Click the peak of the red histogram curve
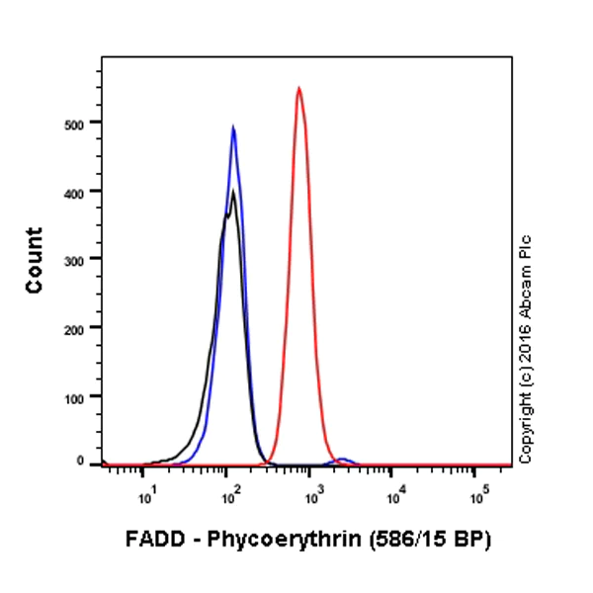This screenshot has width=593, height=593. [x=298, y=89]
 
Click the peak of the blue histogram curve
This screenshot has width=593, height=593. [x=233, y=127]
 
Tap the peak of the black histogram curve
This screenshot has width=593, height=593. [x=233, y=192]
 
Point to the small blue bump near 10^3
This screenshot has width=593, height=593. [x=343, y=460]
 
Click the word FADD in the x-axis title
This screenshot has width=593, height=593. [x=151, y=541]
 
